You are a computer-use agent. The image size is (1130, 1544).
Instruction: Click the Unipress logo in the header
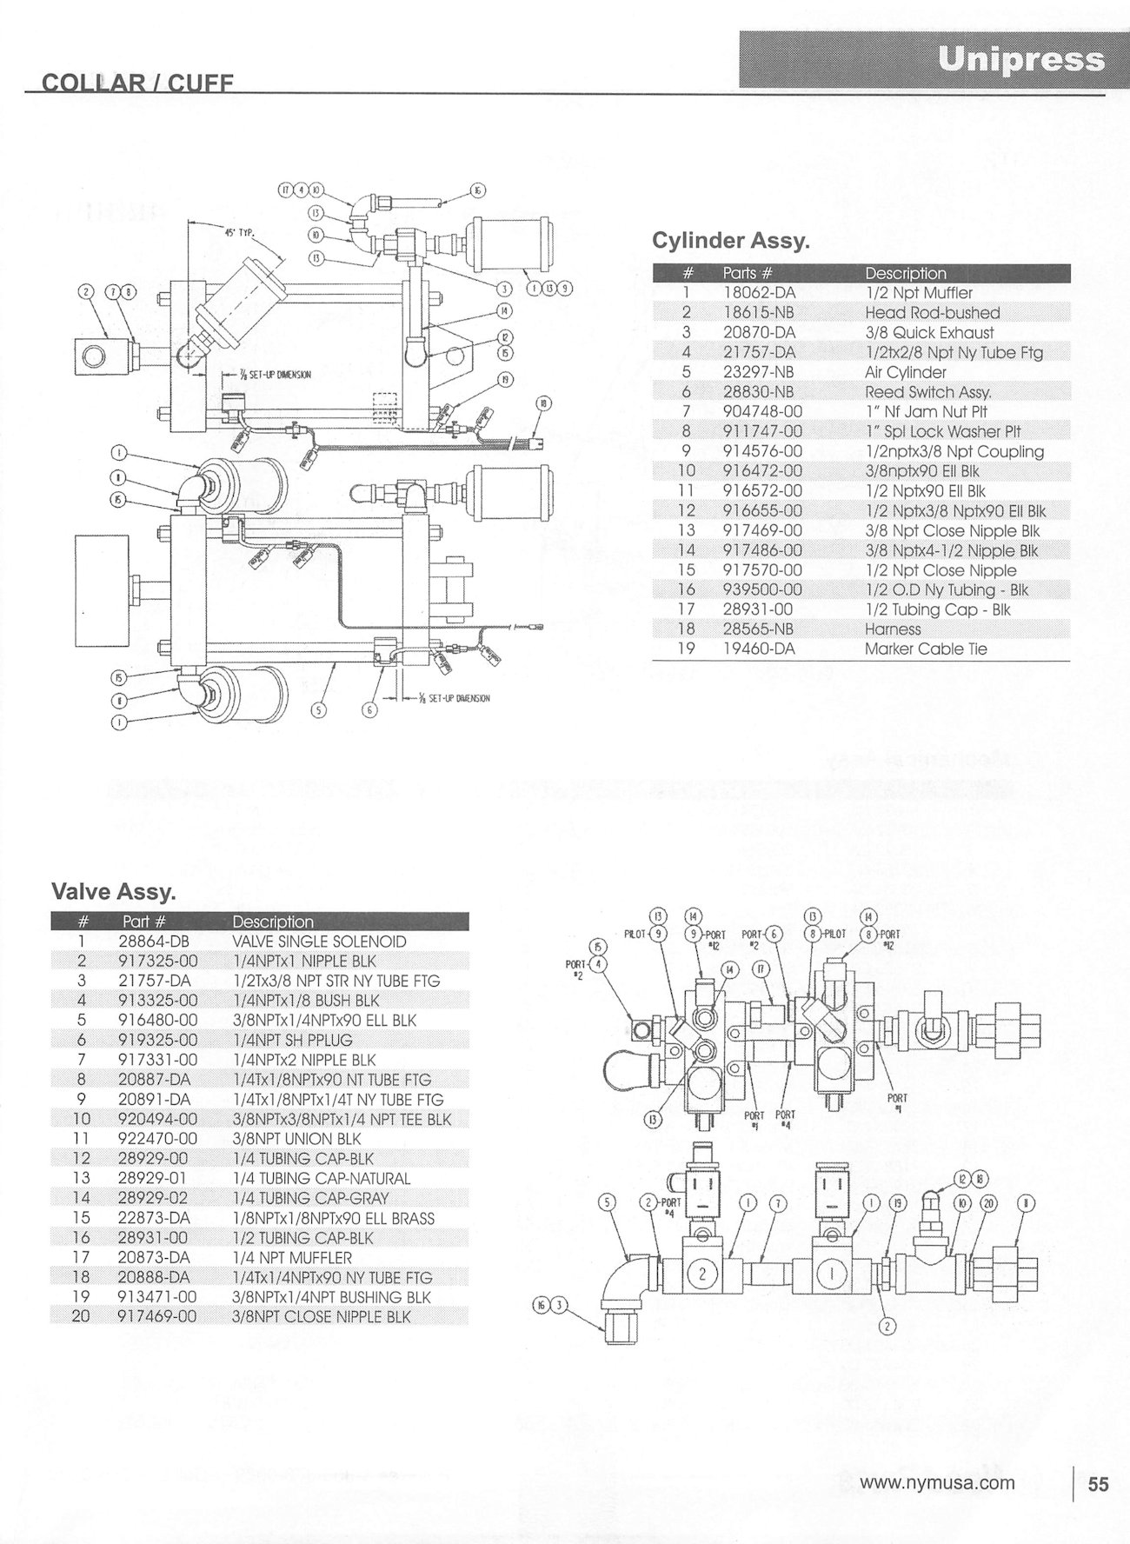[1021, 60]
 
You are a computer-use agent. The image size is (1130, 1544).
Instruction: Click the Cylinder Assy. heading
[730, 241]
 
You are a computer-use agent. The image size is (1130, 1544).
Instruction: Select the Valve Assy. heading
[114, 891]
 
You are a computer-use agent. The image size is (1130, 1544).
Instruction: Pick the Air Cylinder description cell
[905, 372]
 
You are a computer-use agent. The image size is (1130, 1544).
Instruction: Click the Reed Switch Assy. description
[927, 392]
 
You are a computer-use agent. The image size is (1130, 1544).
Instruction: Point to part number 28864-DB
[153, 942]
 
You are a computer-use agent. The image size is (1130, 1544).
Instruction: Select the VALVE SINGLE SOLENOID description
[319, 942]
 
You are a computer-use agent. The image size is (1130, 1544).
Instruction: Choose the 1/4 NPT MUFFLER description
[291, 1258]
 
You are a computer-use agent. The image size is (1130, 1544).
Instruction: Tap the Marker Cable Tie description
[926, 649]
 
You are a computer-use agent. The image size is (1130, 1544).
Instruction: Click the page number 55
[1099, 1484]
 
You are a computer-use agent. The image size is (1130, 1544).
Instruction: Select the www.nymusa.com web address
[937, 1483]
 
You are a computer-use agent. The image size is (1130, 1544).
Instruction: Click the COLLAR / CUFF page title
[138, 83]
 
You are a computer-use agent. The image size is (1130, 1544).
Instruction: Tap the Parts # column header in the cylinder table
[748, 273]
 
